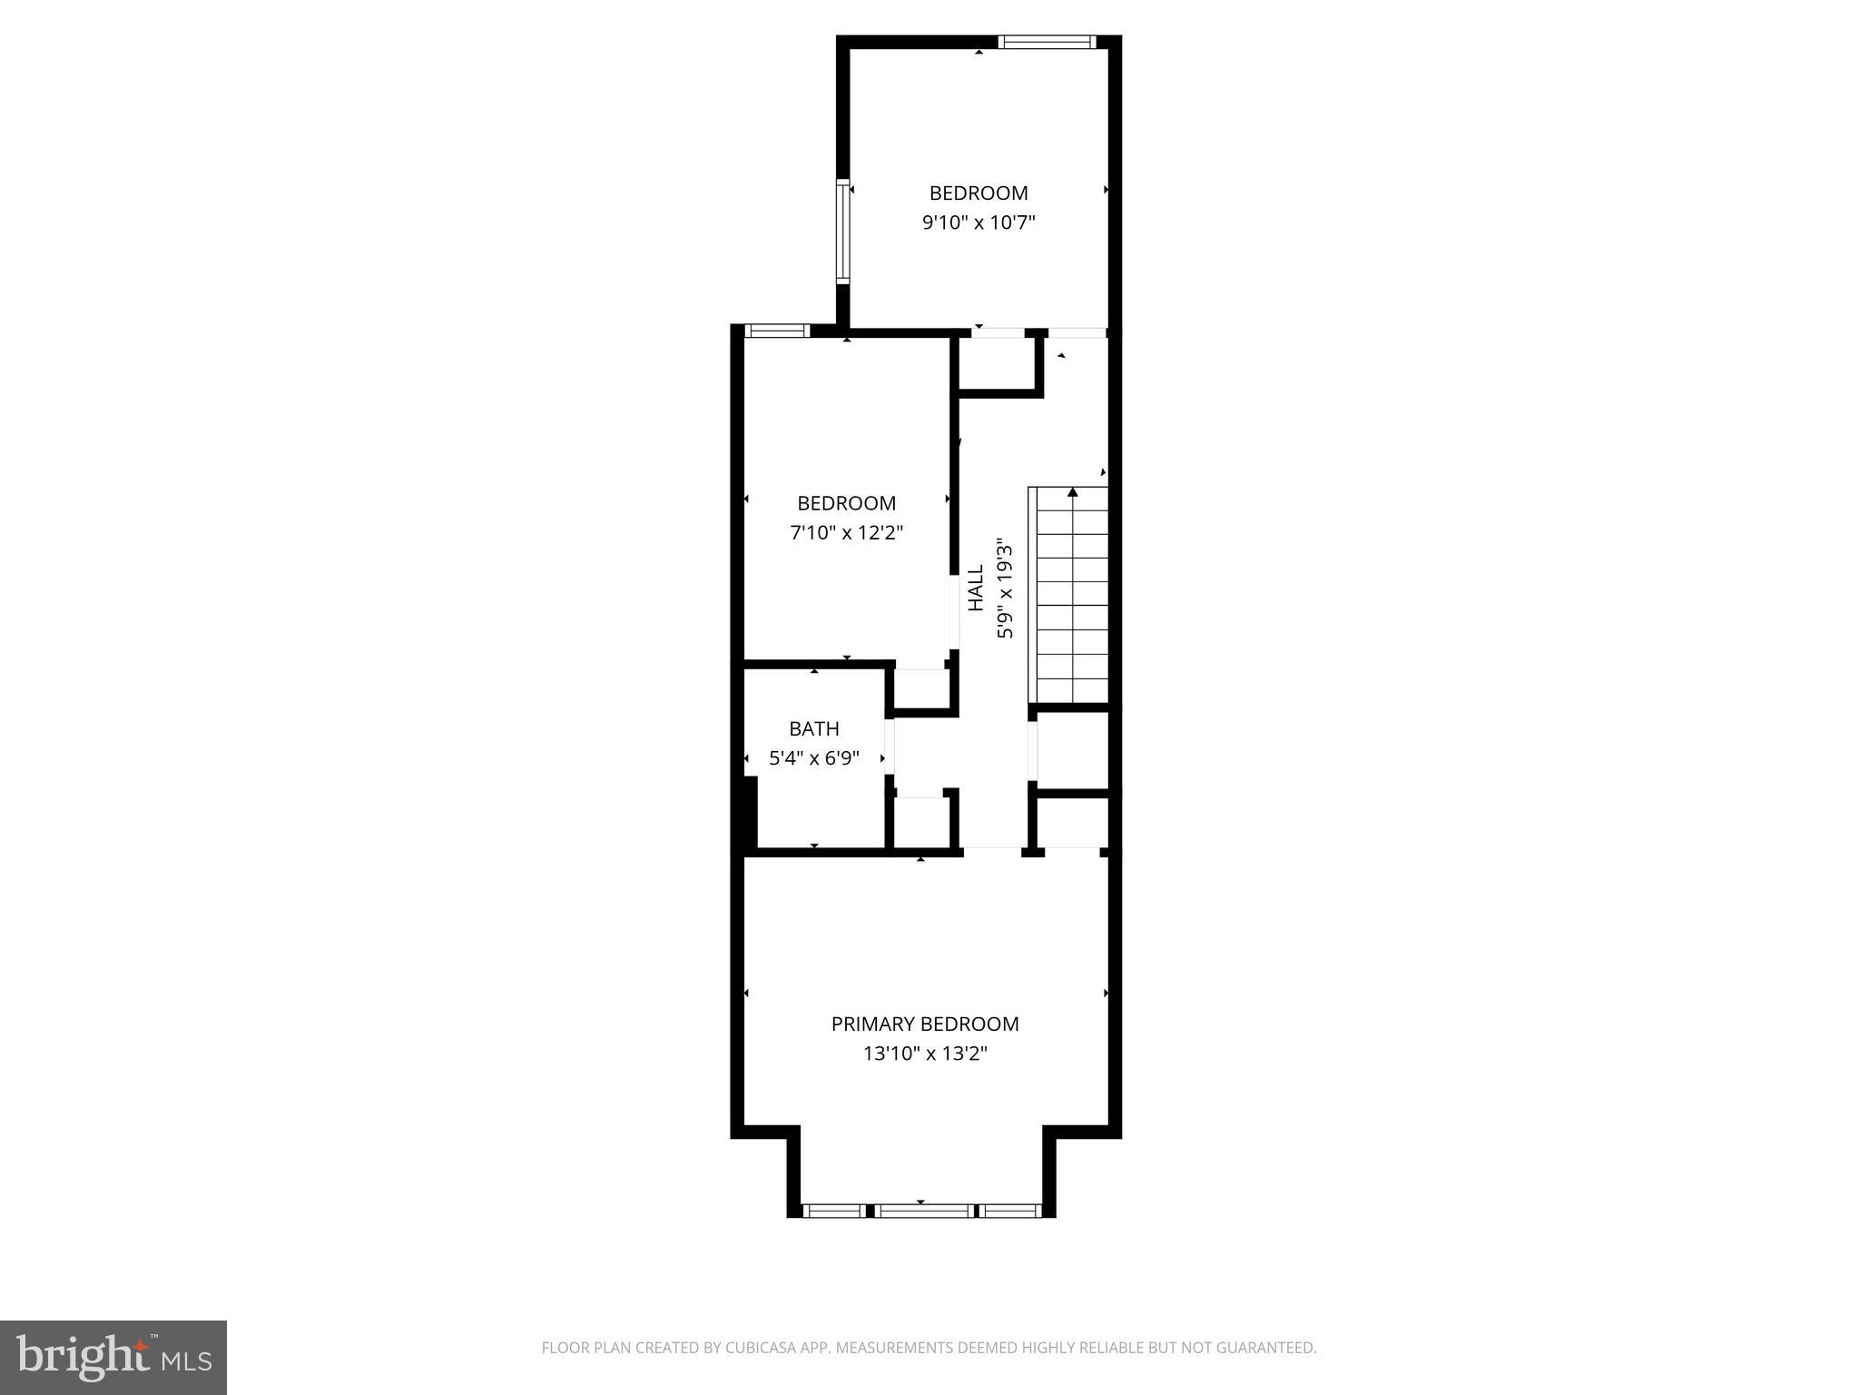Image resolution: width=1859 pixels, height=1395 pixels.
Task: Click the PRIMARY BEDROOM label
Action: point(925,1024)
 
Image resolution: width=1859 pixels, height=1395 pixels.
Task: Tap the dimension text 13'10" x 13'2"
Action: point(925,1054)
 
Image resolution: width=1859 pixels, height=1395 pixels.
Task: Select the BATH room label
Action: point(813,728)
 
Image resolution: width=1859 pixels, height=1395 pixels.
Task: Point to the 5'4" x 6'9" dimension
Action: point(813,757)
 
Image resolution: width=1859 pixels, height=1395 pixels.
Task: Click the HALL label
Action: point(976,588)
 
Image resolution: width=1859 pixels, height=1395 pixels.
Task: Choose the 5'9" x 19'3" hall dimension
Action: point(1005,588)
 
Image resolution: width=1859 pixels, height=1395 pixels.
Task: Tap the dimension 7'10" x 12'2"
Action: point(846,532)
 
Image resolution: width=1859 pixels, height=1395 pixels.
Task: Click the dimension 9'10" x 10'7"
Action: point(979,223)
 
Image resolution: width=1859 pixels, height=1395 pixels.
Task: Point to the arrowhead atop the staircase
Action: point(1073,492)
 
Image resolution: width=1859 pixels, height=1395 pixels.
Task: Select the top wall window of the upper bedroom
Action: point(1047,42)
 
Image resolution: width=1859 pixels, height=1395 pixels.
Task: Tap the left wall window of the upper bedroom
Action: point(842,231)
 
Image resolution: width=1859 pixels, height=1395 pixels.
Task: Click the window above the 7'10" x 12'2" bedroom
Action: point(776,331)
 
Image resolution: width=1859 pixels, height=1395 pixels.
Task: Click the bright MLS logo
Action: point(113,1357)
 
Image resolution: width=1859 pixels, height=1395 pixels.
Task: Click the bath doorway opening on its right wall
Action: point(890,747)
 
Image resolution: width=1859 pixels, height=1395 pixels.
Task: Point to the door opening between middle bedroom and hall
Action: point(954,612)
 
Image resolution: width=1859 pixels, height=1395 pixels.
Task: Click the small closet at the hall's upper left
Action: point(996,363)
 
